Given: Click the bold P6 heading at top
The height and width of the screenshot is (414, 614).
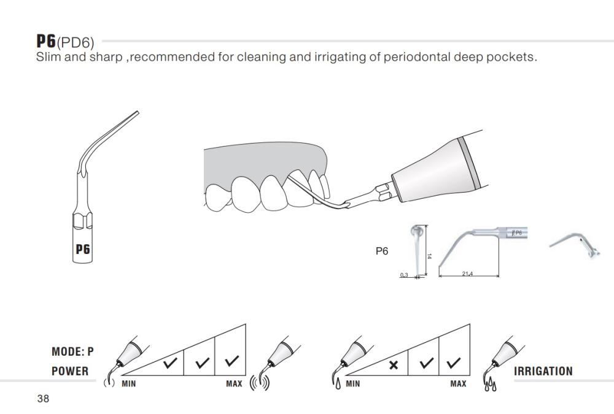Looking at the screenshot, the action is coord(46,40).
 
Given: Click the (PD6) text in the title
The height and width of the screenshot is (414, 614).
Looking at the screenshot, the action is coord(76,42).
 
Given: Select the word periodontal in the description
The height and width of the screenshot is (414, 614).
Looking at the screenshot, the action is coord(417,57).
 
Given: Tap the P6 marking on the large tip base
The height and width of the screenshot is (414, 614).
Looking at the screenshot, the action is coord(83,249).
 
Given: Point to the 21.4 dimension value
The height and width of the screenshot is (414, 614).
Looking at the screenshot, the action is coord(467,274).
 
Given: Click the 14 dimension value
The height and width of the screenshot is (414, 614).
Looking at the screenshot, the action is coord(430,256).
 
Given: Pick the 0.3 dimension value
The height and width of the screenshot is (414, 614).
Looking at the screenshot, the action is coord(404,275).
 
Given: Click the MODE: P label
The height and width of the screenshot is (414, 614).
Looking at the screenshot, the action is coord(73,351).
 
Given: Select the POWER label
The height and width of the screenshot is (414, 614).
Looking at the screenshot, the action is coord(70,371).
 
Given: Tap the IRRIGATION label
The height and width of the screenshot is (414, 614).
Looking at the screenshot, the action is coord(543,371).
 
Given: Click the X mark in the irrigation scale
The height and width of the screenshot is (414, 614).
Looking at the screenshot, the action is coord(394,365).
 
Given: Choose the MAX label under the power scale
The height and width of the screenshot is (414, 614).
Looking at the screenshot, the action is coord(234,384).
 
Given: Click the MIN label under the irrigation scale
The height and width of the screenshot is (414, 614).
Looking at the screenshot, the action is coord(353,384).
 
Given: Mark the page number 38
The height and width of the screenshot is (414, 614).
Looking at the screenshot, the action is coord(43,399).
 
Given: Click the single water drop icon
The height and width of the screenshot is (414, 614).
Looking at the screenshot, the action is coord(338,385).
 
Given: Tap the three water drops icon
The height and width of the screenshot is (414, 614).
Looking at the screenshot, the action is coord(490,385).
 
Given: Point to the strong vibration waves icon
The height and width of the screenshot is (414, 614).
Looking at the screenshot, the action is coord(260,383).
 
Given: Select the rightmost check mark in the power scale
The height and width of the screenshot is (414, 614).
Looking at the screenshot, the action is coord(231,361).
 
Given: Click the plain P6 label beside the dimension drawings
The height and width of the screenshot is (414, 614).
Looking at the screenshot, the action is coord(382,251).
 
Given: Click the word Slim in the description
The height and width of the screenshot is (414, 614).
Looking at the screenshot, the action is coord(49,57).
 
